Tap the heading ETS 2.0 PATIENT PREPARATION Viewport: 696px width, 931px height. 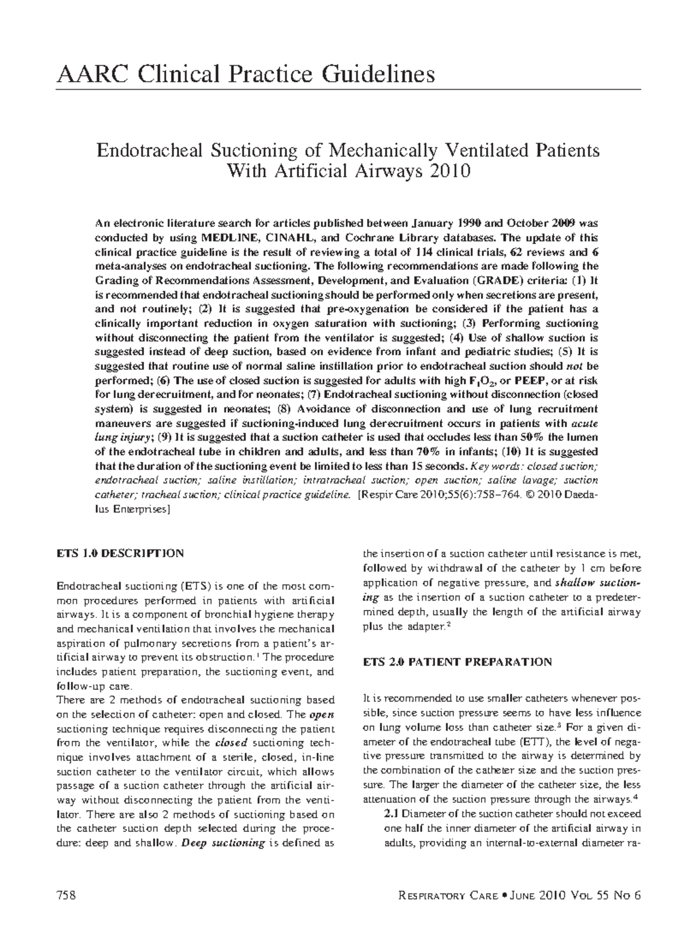click(x=457, y=661)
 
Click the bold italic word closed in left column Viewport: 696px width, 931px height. click(x=231, y=743)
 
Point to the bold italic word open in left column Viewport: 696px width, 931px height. click(x=323, y=714)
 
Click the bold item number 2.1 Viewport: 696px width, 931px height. click(x=392, y=814)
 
